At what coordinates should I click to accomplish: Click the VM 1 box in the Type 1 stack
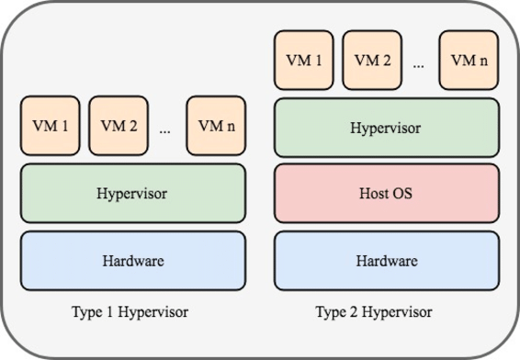(x=50, y=126)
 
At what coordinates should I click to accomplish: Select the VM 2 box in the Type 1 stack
(x=119, y=126)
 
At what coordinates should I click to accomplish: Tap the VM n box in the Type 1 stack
(x=215, y=126)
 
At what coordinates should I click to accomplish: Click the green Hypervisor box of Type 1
(x=133, y=194)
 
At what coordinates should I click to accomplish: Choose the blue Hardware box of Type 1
(x=133, y=261)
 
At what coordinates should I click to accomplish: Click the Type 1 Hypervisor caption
(x=130, y=312)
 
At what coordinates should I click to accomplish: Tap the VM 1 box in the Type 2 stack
(x=303, y=60)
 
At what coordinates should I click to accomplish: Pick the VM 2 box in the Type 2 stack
(x=372, y=60)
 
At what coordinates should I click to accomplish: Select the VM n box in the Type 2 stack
(x=469, y=60)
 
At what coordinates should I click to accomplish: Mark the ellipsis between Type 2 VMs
(x=419, y=65)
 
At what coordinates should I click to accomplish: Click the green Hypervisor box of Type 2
(x=387, y=128)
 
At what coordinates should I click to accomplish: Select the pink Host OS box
(x=387, y=195)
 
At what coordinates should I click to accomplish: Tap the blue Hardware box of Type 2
(x=387, y=261)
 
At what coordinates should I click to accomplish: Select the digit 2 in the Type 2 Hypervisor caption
(x=358, y=312)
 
